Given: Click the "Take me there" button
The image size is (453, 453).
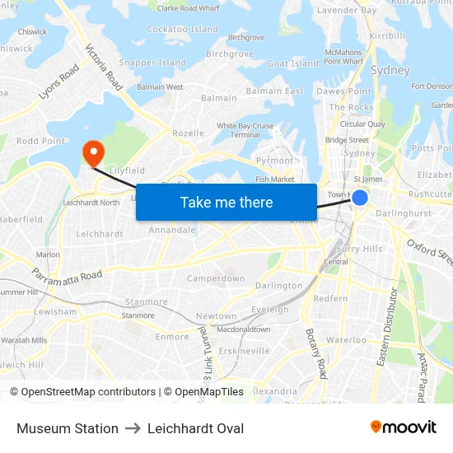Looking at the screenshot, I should pyautogui.click(x=226, y=202).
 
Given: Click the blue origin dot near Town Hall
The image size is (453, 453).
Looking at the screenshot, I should pyautogui.click(x=360, y=197).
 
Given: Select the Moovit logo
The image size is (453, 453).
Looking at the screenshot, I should pyautogui.click(x=404, y=427).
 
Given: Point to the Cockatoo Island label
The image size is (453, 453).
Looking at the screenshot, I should pyautogui.click(x=183, y=30).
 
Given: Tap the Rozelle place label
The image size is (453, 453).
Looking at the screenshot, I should pyautogui.click(x=189, y=133).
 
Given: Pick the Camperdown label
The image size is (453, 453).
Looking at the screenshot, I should pyautogui.click(x=216, y=278).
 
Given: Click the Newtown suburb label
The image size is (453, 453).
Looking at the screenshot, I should pyautogui.click(x=217, y=316).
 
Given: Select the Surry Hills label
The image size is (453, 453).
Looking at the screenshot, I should pyautogui.click(x=360, y=249).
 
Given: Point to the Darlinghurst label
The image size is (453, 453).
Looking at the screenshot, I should pyautogui.click(x=404, y=213).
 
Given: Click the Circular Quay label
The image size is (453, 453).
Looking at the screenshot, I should pyautogui.click(x=362, y=124).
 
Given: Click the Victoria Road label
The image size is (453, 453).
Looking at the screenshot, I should pyautogui.click(x=104, y=67).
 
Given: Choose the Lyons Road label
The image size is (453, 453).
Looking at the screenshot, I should pyautogui.click(x=58, y=82).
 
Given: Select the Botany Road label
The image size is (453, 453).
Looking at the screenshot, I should pyautogui.click(x=317, y=353).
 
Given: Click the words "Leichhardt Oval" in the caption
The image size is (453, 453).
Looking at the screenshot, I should pyautogui.click(x=196, y=428).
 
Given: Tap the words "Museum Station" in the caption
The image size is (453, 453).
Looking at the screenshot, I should pyautogui.click(x=68, y=428).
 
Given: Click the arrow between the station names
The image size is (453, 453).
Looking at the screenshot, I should pyautogui.click(x=133, y=428).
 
